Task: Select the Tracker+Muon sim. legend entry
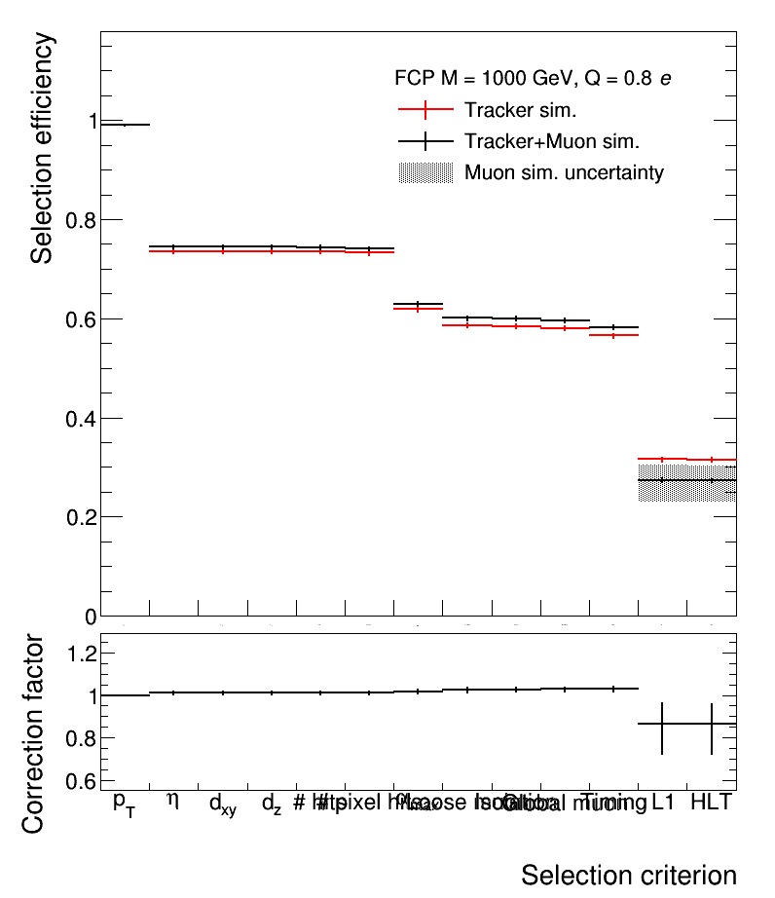(x=551, y=141)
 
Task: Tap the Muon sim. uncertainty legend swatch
(x=426, y=173)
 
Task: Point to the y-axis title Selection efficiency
(x=42, y=148)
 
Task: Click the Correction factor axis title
(x=33, y=733)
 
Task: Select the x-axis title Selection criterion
(x=628, y=875)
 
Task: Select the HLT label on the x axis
(x=711, y=803)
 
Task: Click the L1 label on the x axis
(x=663, y=803)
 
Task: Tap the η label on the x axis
(x=173, y=801)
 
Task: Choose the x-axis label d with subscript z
(x=272, y=804)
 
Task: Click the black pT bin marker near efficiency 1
(x=125, y=125)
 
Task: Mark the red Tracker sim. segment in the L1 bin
(x=662, y=459)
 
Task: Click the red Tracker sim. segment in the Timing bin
(x=613, y=335)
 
